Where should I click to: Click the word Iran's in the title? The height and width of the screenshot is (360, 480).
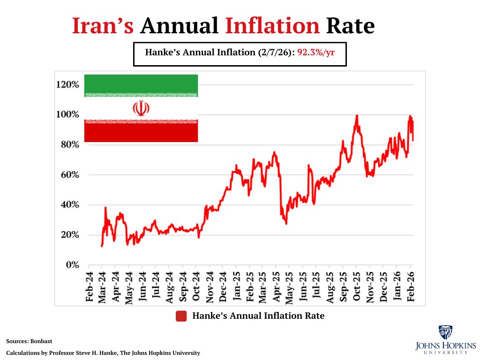click(103, 25)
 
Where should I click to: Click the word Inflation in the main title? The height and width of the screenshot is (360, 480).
click(273, 25)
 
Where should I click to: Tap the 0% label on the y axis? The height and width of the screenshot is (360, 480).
click(72, 265)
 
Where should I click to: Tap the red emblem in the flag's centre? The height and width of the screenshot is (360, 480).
click(141, 108)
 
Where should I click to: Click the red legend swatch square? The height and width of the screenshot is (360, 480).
click(181, 316)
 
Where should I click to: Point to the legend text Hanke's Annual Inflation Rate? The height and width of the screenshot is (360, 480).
click(258, 316)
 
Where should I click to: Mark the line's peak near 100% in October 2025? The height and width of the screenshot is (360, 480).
click(357, 115)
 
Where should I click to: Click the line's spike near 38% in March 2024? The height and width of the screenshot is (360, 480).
click(105, 207)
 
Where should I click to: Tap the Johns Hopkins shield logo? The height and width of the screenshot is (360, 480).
click(445, 332)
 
